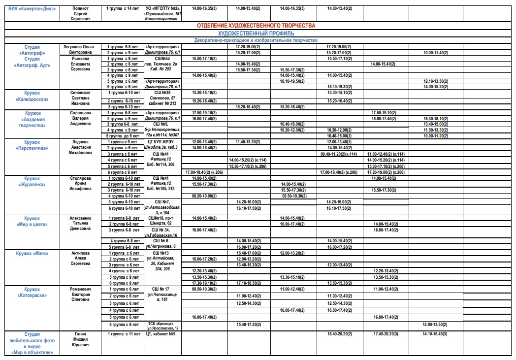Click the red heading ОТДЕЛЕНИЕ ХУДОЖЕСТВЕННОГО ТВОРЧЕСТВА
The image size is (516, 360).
click(x=256, y=25)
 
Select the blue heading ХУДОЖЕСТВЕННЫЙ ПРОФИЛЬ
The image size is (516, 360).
click(x=256, y=33)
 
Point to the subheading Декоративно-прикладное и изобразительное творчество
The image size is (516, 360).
click(x=256, y=40)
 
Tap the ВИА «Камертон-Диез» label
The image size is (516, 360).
click(x=32, y=9)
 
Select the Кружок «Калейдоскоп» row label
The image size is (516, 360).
click(x=32, y=96)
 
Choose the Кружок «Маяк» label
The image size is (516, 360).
click(x=32, y=253)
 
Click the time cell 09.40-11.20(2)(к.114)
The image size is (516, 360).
click(x=338, y=154)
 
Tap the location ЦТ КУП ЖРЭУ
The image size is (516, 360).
click(x=161, y=142)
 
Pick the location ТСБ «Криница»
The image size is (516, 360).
click(x=161, y=324)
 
